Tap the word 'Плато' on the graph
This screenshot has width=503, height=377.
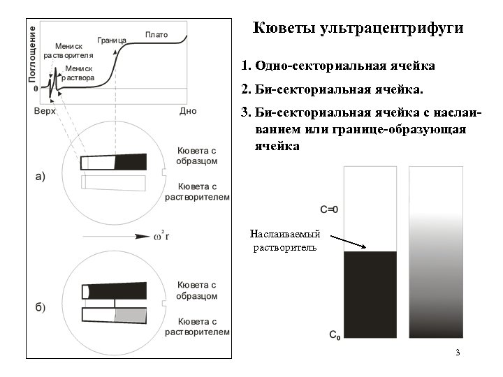156,34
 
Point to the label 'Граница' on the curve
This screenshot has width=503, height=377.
112,40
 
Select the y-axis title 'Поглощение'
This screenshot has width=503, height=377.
33,52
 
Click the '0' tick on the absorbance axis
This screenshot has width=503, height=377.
36,89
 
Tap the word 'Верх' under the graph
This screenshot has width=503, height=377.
44,111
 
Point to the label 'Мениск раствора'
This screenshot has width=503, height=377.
79,73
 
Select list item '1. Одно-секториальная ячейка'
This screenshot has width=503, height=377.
338,66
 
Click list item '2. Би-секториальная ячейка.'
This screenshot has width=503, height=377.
332,90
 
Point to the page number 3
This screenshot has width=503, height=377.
457,352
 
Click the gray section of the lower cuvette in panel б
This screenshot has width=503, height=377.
131,315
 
